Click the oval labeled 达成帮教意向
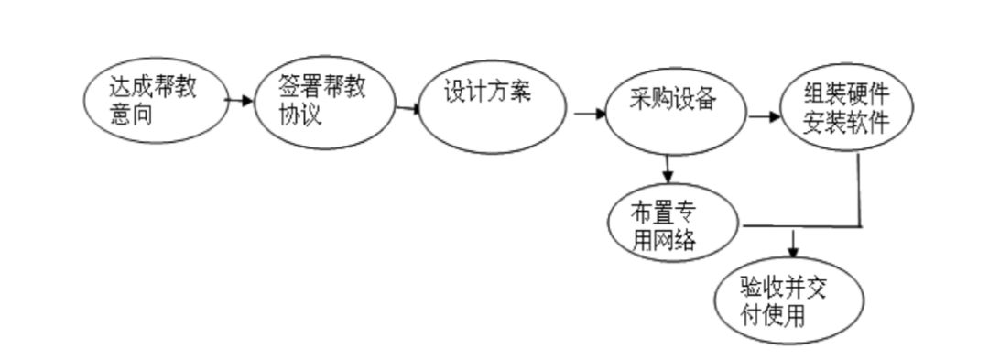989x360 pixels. pos(155,103)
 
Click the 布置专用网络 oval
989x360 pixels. pos(674,225)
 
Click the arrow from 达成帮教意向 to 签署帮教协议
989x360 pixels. pos(240,100)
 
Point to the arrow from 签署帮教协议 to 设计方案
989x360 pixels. pos(409,109)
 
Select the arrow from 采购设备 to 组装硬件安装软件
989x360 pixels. pos(764,117)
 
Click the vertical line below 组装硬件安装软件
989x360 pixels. pos(861,189)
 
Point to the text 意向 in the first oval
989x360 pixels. pos(131,116)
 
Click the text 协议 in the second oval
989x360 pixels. pos(300,116)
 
